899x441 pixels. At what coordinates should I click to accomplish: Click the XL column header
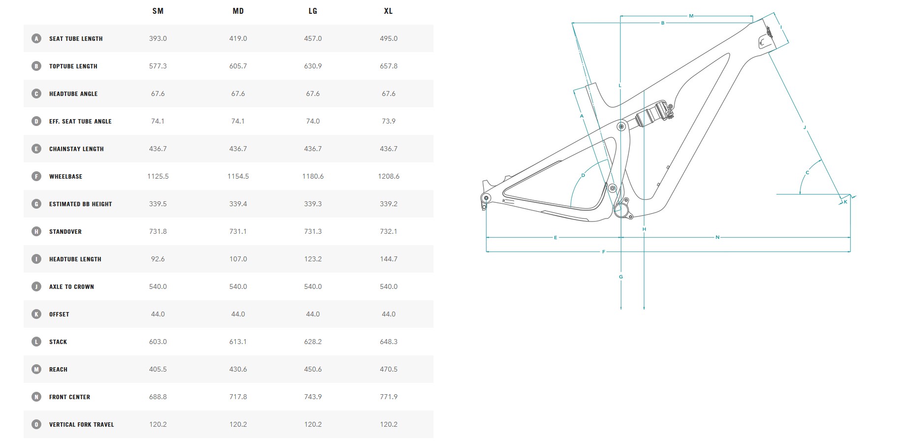388,11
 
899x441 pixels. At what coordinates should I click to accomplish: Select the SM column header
158,11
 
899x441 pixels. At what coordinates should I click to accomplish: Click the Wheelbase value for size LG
313,176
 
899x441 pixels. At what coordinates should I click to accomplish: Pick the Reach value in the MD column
238,369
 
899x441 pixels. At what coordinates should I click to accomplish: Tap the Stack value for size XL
389,342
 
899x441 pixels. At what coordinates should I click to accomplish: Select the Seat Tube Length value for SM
158,38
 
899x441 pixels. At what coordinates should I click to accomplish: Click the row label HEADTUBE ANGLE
73,94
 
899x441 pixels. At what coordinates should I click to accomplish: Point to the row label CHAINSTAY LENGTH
76,149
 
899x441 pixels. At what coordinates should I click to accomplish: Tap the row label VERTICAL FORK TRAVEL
81,424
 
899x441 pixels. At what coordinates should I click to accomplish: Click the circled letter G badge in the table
36,204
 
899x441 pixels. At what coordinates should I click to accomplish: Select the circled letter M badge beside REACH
36,369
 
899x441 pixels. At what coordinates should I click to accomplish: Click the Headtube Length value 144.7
389,259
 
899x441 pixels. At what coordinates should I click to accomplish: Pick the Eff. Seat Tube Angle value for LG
313,121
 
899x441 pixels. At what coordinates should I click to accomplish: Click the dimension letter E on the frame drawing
556,238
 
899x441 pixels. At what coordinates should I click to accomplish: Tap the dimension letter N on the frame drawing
717,238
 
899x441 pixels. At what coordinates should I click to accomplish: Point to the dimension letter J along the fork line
805,127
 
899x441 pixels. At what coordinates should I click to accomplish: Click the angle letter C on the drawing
807,173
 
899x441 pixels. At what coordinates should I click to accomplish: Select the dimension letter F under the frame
604,252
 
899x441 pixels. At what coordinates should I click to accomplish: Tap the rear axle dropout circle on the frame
487,198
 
